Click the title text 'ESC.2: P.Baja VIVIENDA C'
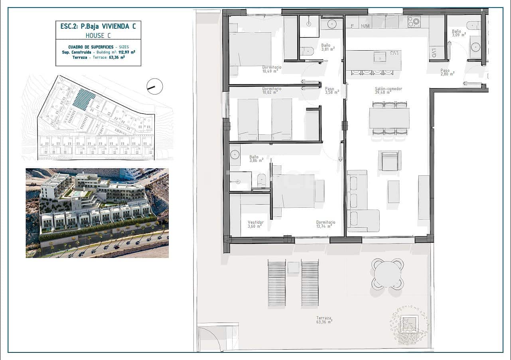pos(98,26)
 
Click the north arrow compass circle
pos(155,86)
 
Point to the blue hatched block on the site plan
pos(84,99)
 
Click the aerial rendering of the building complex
pos(97,212)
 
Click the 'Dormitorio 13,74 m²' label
pos(326,224)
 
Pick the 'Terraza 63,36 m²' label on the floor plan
pos(324,320)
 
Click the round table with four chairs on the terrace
pos(387,273)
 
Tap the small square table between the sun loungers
pos(293,267)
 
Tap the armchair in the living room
pos(389,161)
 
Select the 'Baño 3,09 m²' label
pos(456,33)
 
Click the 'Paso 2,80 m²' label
pos(447,72)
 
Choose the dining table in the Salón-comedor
pos(389,118)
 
